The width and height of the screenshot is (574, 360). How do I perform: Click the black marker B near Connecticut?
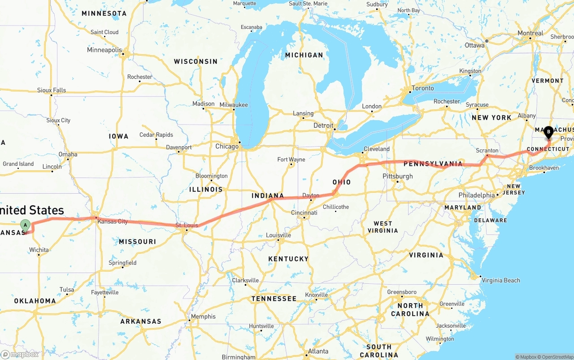(x=548, y=132)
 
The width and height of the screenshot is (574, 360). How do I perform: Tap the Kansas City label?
(x=113, y=221)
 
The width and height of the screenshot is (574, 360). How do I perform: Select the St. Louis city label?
(x=187, y=225)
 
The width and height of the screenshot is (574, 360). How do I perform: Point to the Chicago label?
(x=227, y=147)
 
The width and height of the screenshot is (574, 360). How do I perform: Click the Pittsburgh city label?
(x=398, y=176)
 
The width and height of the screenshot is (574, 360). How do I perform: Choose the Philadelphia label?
(x=476, y=195)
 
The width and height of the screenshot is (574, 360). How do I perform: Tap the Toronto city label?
(x=422, y=88)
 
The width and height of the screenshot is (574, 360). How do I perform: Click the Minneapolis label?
(x=104, y=50)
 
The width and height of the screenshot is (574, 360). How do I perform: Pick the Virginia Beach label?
(x=501, y=280)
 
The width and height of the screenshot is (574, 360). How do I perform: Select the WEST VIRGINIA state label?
(x=383, y=227)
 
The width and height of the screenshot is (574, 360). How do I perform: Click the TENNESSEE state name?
(x=274, y=299)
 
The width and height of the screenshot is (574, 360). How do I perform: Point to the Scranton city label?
(x=487, y=151)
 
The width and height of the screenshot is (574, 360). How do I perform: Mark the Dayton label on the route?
(x=311, y=195)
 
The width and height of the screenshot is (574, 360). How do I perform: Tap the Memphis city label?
(x=203, y=317)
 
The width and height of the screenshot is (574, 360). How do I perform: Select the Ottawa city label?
(x=474, y=45)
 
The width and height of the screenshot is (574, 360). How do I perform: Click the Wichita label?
(x=39, y=250)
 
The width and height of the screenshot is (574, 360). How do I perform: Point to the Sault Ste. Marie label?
(x=308, y=4)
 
